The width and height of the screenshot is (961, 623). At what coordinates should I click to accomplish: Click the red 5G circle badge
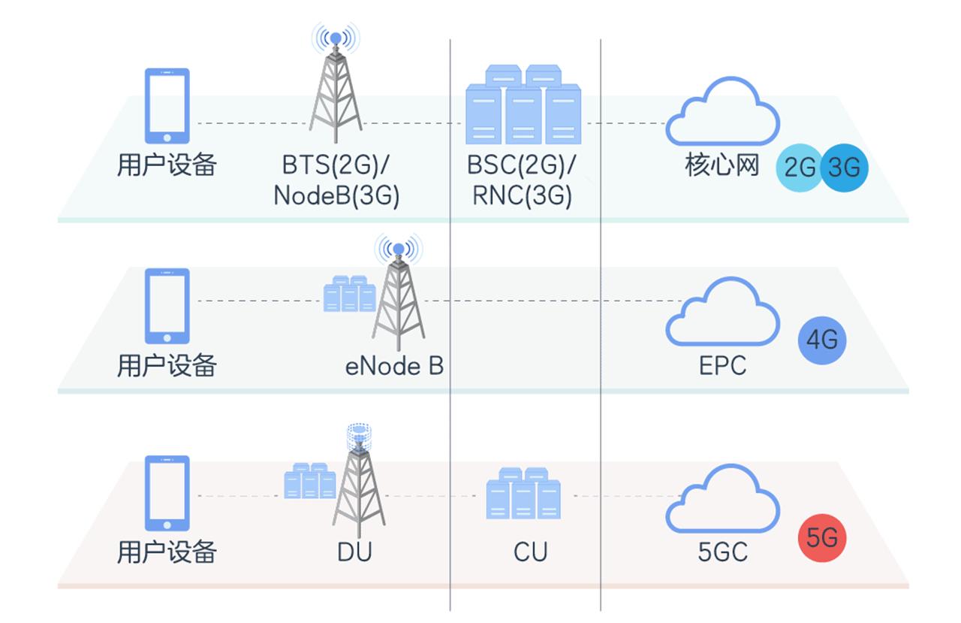821,538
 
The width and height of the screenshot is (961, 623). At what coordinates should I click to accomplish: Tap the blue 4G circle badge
821,340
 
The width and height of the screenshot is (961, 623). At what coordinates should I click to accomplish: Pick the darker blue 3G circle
844,167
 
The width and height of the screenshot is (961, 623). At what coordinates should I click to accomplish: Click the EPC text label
722,365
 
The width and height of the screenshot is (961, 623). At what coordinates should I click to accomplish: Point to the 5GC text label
722,552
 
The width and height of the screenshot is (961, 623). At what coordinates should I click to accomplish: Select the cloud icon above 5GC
722,499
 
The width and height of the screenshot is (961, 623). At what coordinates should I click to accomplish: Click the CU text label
530,552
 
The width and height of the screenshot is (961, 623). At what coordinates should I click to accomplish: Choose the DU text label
354,552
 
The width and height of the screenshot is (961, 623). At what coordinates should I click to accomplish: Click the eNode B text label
394,366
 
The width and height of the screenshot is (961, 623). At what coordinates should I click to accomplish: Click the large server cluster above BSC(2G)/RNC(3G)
523,105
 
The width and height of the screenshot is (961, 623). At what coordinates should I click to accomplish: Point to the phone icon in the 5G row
167,494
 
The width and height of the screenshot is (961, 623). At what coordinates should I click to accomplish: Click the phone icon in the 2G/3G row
167,105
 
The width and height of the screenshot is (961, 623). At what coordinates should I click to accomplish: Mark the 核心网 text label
722,165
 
